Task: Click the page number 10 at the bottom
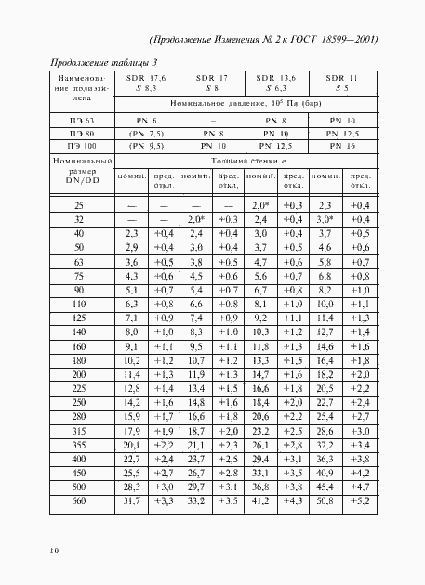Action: [31, 551]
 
